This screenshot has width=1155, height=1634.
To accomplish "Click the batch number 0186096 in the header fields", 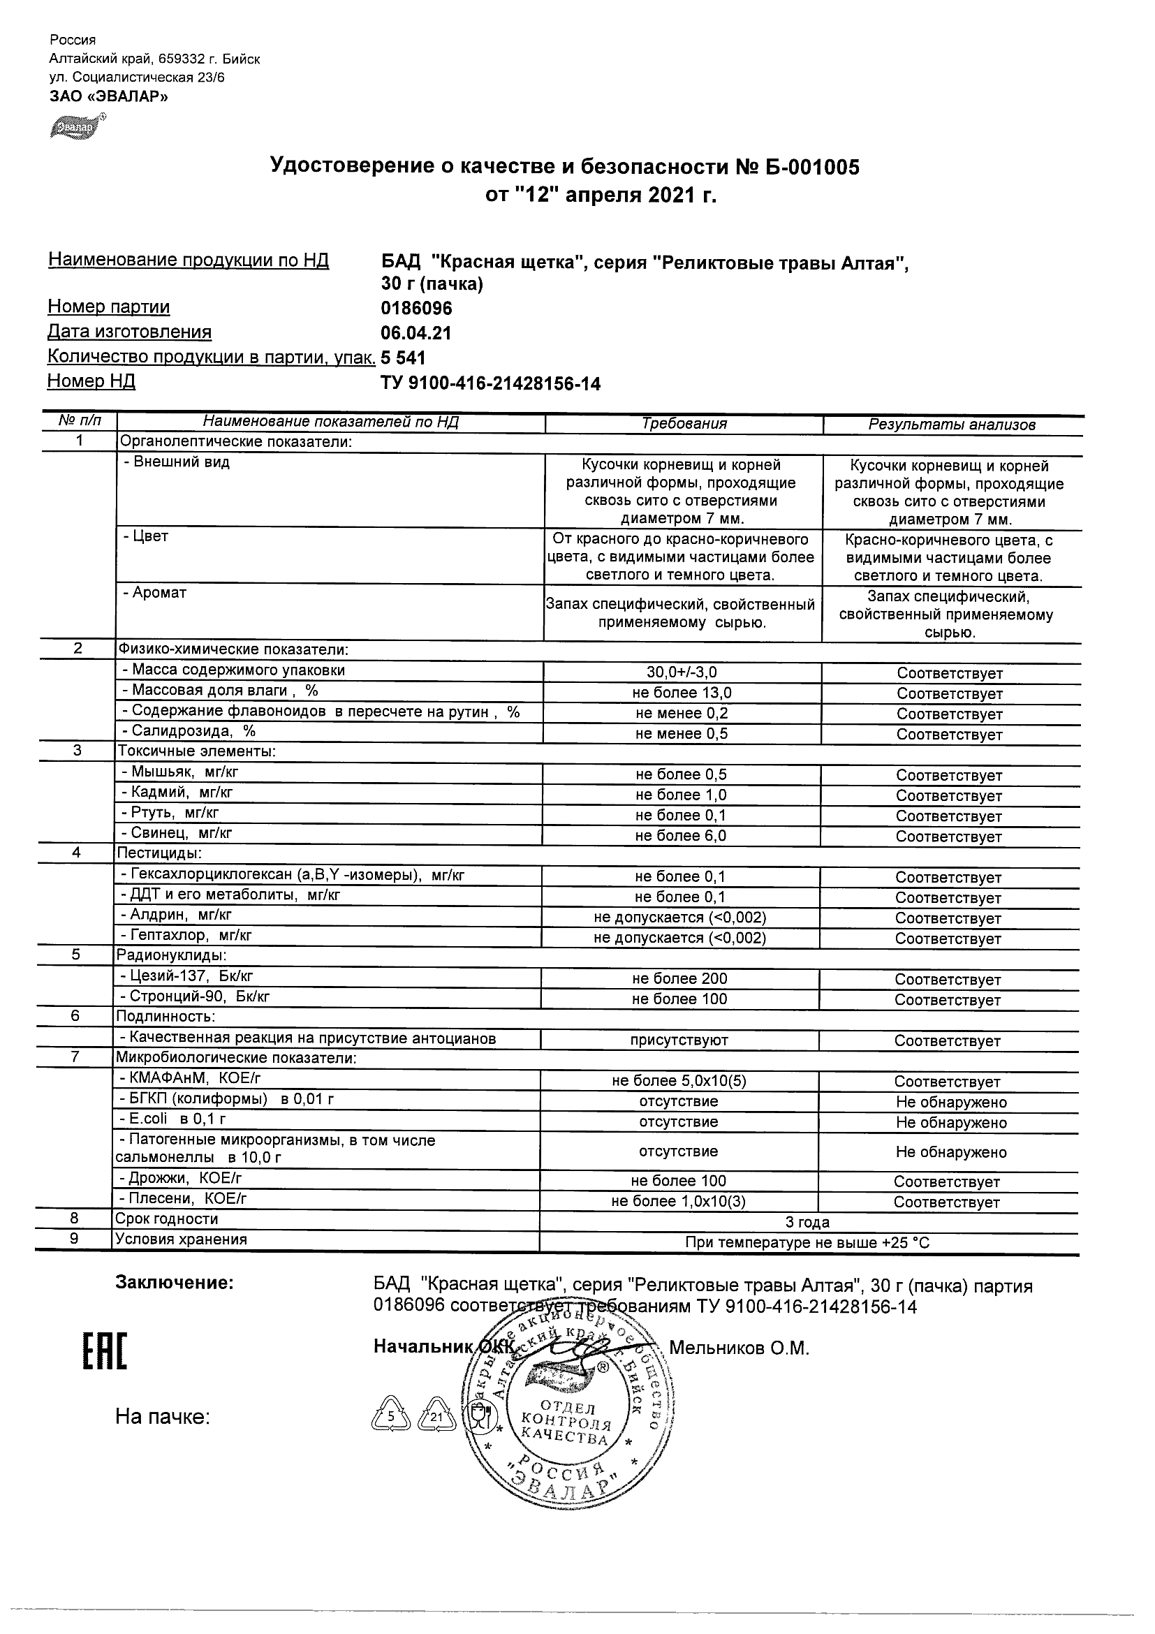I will (416, 308).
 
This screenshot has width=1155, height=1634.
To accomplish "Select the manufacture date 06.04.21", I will (416, 333).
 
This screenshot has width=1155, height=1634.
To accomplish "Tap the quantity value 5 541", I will (404, 358).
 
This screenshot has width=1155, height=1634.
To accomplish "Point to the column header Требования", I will (684, 424).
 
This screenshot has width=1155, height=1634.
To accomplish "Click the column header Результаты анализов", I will (952, 425).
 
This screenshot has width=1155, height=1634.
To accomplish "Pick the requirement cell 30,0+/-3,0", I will (682, 672).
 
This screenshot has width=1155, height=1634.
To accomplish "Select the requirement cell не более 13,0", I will (682, 693).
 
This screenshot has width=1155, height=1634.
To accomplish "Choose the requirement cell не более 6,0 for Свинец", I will (681, 837).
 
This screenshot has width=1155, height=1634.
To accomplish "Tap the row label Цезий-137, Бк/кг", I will (186, 976).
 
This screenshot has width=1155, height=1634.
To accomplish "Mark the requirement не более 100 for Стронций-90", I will (679, 999).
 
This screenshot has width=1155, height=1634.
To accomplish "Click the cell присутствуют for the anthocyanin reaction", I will (679, 1040).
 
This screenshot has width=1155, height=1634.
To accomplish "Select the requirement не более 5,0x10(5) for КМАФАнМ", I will (679, 1081).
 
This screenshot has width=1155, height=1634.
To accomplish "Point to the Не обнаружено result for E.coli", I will (951, 1122).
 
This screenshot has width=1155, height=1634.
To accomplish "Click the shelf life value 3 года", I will (807, 1223).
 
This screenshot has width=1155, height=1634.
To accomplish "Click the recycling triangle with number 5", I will (390, 1416).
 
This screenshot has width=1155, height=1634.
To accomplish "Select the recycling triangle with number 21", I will (436, 1416).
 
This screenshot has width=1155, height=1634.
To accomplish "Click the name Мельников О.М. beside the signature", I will (739, 1348).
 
